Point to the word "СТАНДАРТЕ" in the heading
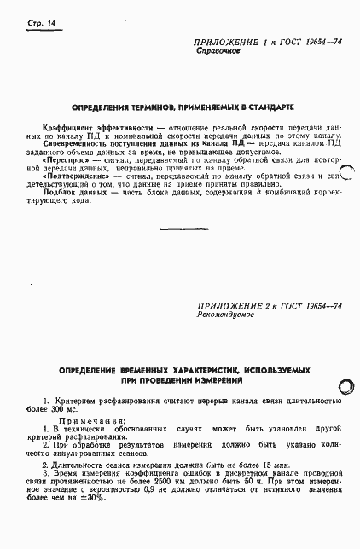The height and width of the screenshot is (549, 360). coord(269,107)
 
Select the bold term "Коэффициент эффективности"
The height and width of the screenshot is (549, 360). coord(78,126)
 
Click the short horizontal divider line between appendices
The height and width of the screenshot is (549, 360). coord(179,228)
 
